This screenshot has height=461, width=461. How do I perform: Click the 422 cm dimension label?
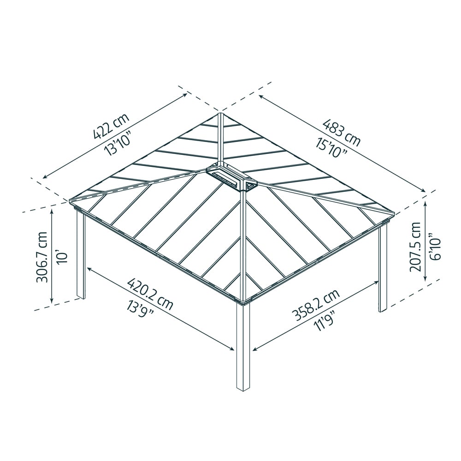coord(111,125)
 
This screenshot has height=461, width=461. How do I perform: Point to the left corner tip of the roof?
coord(71,201)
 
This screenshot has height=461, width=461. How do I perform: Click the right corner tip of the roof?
coord(394,213)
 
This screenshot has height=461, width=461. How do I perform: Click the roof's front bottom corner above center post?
coord(243,301)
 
